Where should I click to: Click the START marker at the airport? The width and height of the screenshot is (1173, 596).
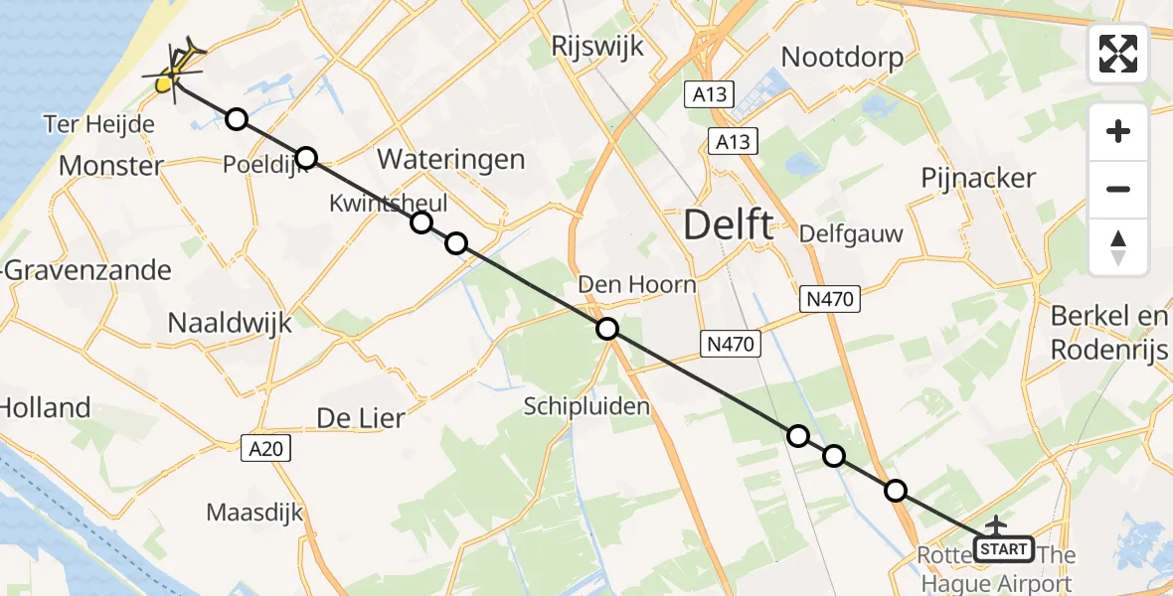pyautogui.click(x=1004, y=548)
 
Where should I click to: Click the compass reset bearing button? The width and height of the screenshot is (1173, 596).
pyautogui.click(x=1118, y=247)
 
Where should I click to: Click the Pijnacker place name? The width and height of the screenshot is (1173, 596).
pyautogui.click(x=978, y=179)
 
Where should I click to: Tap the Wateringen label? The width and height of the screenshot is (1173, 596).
pyautogui.click(x=450, y=159)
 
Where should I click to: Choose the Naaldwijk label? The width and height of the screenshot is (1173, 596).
pyautogui.click(x=230, y=322)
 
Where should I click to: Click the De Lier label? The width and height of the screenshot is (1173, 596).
pyautogui.click(x=360, y=418)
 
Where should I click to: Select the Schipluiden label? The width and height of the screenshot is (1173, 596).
pyautogui.click(x=587, y=405)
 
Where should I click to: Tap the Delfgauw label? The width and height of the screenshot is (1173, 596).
pyautogui.click(x=851, y=234)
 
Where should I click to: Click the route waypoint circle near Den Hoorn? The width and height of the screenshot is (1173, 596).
pyautogui.click(x=606, y=329)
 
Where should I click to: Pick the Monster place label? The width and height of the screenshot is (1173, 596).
pyautogui.click(x=111, y=166)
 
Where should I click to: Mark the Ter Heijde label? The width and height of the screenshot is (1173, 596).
pyautogui.click(x=99, y=124)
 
